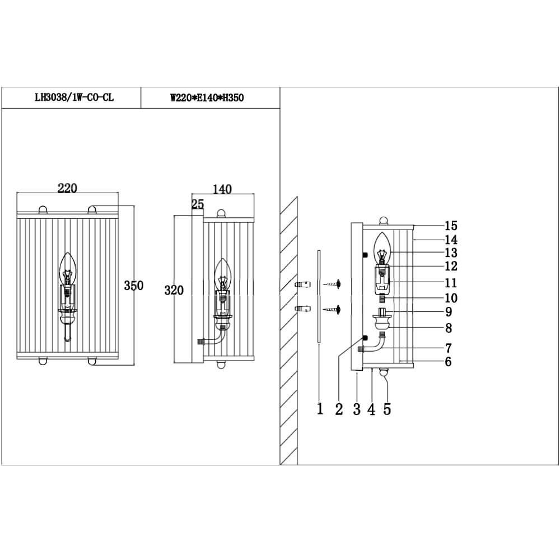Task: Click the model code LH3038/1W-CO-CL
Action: (74, 98)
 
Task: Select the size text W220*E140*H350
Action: (207, 98)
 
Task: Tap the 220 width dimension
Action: (67, 188)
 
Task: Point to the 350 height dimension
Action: (134, 286)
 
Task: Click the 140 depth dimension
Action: (222, 190)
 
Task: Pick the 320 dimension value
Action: (174, 290)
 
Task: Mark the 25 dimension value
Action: (197, 204)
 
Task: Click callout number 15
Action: (451, 226)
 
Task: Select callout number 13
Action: (451, 253)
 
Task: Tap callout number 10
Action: (451, 298)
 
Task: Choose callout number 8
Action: (448, 328)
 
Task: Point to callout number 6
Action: (448, 362)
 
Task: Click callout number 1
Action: (320, 409)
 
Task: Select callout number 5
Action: (387, 409)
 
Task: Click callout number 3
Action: (357, 409)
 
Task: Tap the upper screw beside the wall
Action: (334, 285)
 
